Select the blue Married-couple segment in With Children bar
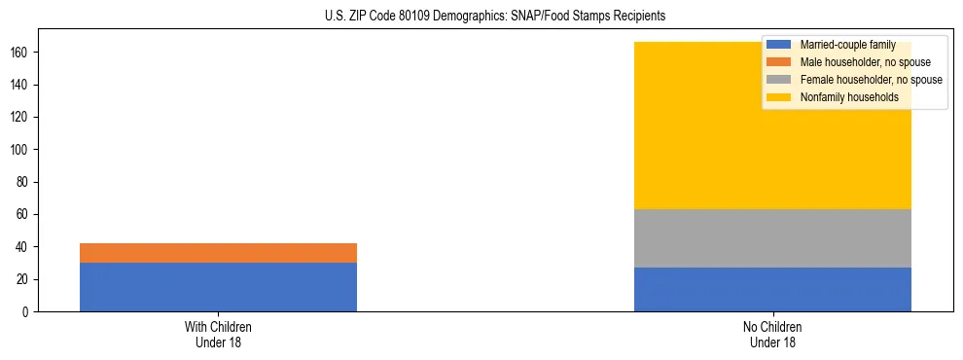(x=218, y=287)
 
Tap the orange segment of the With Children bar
(x=218, y=253)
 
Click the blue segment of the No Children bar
(x=772, y=290)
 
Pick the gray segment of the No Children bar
(x=772, y=238)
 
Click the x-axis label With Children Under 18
(x=218, y=335)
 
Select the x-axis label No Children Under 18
(x=772, y=335)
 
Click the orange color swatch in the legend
(x=779, y=62)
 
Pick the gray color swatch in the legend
(x=779, y=80)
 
